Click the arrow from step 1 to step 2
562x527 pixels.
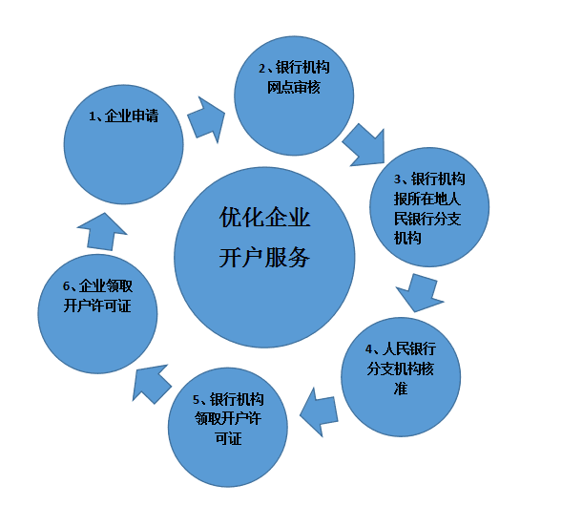207,119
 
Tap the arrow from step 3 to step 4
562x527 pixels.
420,292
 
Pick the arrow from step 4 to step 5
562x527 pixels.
319,411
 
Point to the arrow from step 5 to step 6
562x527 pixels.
151,384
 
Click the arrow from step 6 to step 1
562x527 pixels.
102,232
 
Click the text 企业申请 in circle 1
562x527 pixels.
132,116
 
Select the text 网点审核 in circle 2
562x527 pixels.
294,87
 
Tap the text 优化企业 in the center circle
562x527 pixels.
265,218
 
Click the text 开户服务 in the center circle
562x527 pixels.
264,257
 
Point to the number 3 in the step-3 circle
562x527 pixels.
398,179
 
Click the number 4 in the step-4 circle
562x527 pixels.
369,348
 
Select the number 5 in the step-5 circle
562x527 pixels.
196,399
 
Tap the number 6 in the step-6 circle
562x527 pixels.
66,286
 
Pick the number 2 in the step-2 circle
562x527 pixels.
262,68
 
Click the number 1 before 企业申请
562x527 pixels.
93,116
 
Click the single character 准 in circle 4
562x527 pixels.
401,389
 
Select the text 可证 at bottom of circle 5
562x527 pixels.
228,438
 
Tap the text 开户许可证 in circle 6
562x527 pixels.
97,306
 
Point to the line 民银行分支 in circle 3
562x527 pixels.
427,219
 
